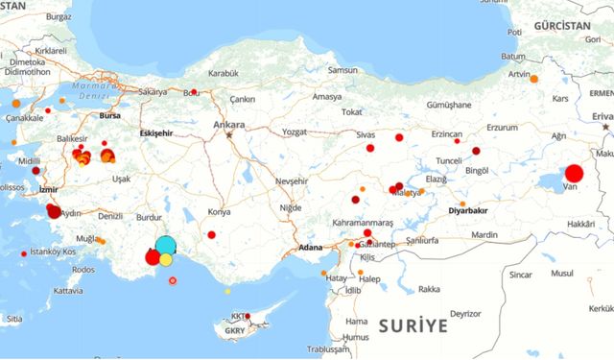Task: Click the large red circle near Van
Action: click(574, 174)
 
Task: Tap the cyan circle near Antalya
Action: click(166, 245)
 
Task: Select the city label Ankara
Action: click(230, 125)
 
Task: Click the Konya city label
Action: click(219, 211)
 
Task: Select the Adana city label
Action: click(310, 247)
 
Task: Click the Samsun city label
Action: click(342, 70)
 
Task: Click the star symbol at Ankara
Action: click(229, 135)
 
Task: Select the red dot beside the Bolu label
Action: click(195, 92)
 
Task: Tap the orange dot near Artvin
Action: click(533, 79)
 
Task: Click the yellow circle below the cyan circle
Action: click(166, 259)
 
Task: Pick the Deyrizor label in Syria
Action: click(465, 314)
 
